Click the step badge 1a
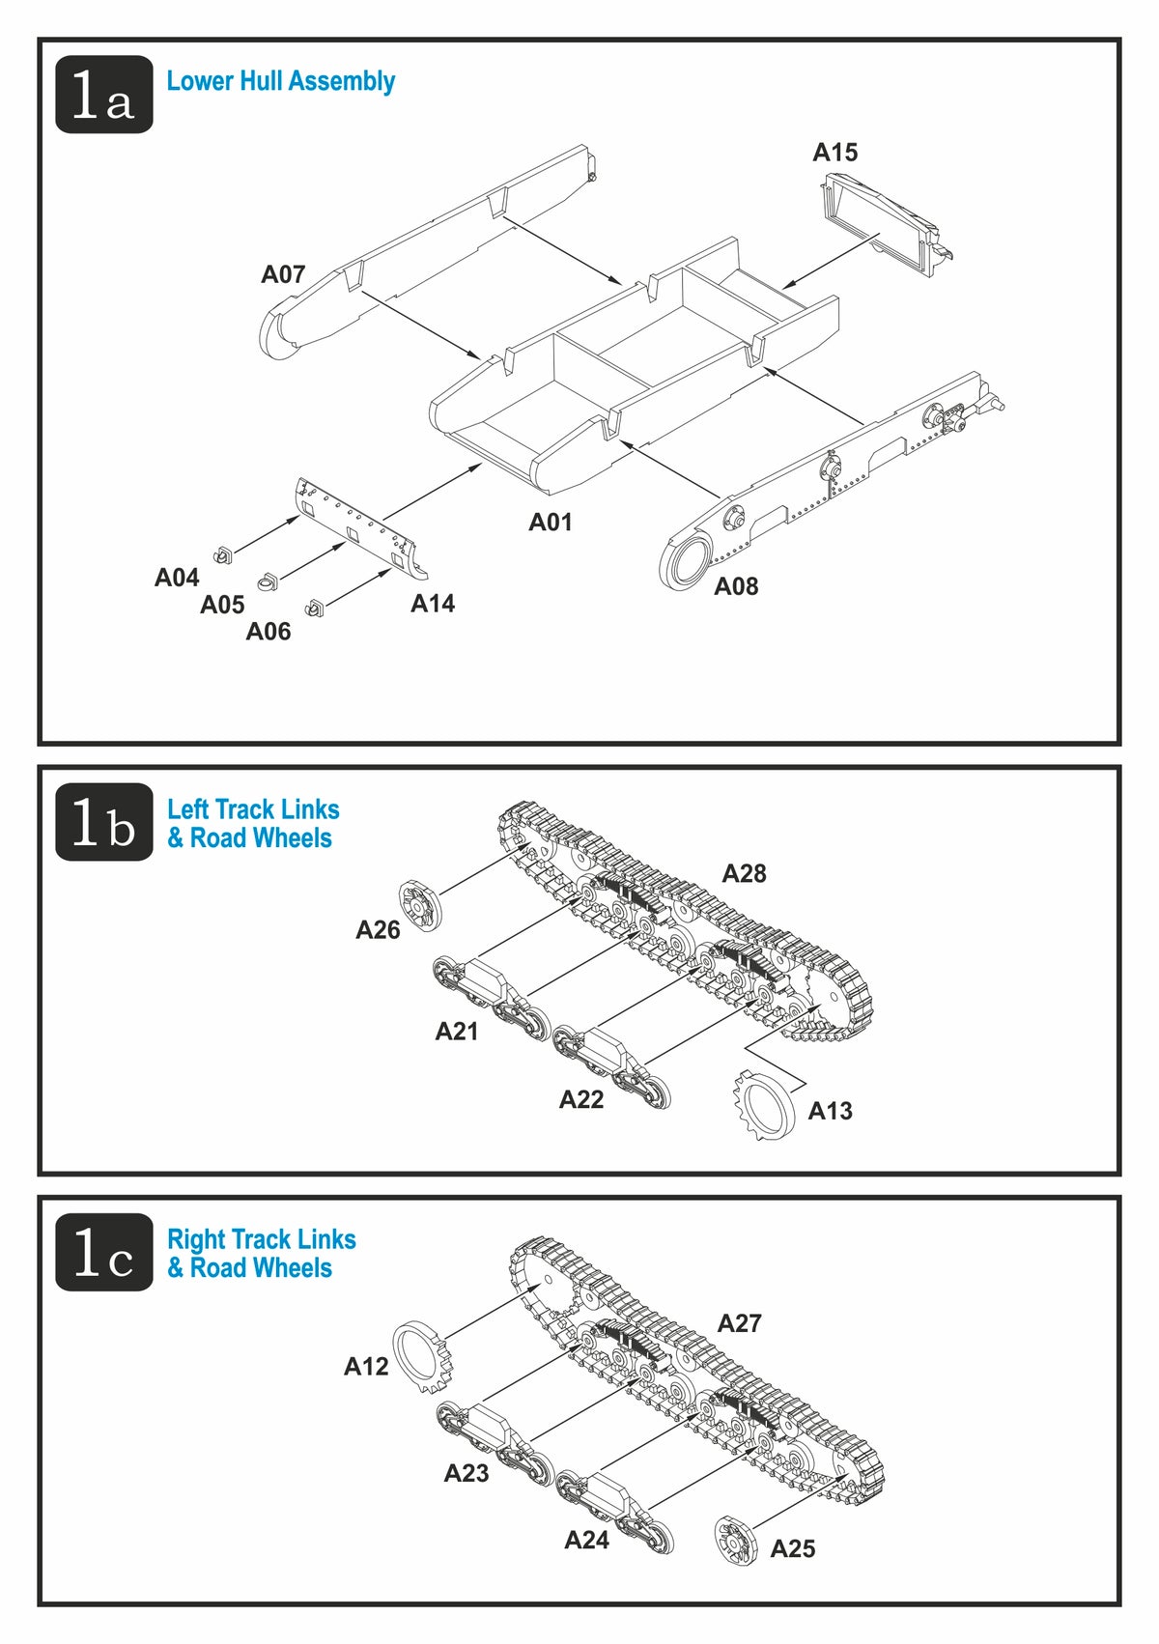(104, 95)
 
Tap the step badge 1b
(104, 822)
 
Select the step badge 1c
(104, 1252)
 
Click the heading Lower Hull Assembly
(281, 81)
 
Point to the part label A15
(834, 153)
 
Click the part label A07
(283, 274)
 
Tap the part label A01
(551, 523)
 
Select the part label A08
(736, 586)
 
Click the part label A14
(433, 604)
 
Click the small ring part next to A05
(267, 581)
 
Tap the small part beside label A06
(314, 607)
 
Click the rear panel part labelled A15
(884, 223)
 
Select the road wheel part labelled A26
(420, 905)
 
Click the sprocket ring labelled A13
(765, 1106)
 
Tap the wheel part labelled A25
(736, 1541)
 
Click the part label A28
(744, 874)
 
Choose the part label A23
(466, 1473)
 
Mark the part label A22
(581, 1099)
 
